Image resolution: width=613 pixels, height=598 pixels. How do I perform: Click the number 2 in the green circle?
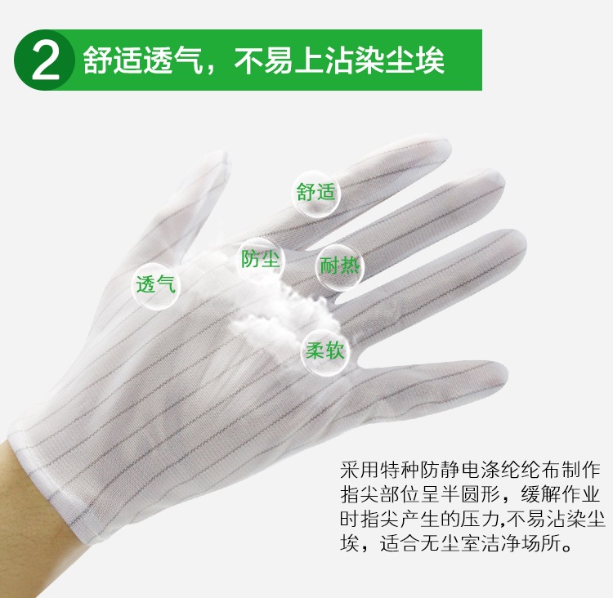coord(46,60)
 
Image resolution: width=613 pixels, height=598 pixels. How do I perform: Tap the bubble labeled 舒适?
coord(316,193)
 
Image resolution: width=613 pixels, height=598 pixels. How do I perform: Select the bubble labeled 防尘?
coord(261,259)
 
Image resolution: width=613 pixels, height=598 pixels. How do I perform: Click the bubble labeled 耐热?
coord(339,266)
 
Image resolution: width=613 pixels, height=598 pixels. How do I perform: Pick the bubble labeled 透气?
coord(155,284)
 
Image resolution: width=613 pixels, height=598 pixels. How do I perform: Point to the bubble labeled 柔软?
coord(324,351)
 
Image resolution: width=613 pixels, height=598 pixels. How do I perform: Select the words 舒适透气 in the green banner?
coord(143,60)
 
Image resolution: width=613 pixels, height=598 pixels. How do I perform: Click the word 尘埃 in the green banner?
coord(414,60)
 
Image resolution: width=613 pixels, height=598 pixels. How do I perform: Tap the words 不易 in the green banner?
coord(263,60)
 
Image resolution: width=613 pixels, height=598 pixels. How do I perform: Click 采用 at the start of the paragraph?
coord(360,470)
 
